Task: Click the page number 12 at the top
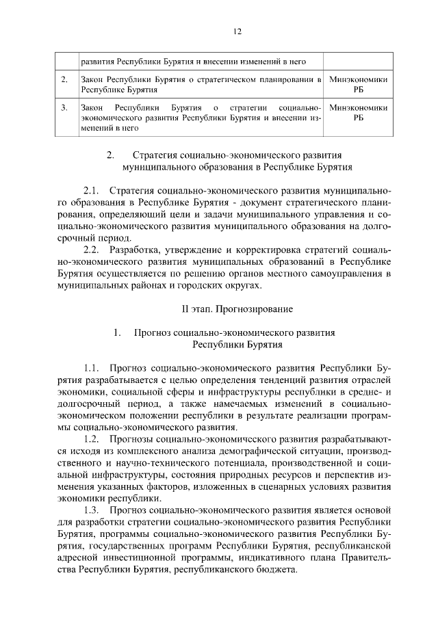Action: click(237, 31)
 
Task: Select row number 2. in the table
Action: click(64, 80)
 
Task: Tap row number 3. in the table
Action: click(64, 107)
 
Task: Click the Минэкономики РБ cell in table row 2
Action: click(358, 84)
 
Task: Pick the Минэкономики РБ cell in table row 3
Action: click(358, 112)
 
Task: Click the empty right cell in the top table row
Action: click(358, 61)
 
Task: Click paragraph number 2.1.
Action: click(92, 189)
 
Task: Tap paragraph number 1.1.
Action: click(92, 369)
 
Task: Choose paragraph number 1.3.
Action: click(92, 510)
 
